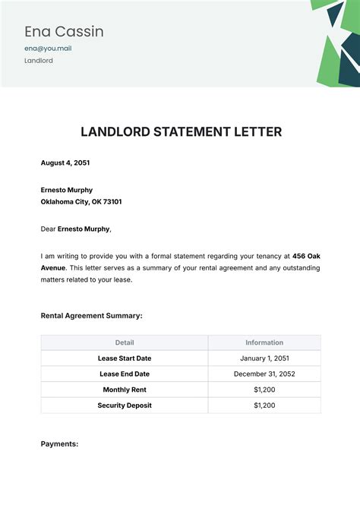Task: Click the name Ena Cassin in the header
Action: coord(64,32)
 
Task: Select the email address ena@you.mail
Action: coord(49,49)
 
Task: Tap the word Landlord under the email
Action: coord(39,61)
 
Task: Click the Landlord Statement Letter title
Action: coord(181,132)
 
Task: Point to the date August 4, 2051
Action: coord(66,162)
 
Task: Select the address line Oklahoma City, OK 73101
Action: coord(81,202)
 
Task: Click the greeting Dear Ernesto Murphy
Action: coord(75,229)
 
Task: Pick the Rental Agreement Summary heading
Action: coord(91,315)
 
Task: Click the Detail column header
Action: coord(125,342)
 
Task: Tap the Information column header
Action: coord(264,342)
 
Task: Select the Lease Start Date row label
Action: coord(125,358)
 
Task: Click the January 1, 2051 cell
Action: coord(264,358)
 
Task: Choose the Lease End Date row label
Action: coord(125,374)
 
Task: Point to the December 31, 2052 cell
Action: coord(264,374)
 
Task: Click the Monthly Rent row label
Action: coord(125,390)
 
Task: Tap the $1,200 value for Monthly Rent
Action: coord(264,390)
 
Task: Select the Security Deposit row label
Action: coord(125,405)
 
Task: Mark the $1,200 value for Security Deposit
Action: coord(264,405)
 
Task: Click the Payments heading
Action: coord(59,443)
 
